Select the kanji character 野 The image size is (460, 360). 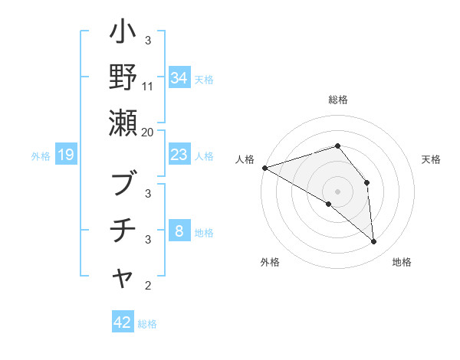123,78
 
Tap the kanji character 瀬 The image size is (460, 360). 123,122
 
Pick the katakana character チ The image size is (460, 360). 123,231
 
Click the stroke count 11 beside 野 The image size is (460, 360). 148,87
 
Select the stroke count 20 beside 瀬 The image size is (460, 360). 148,132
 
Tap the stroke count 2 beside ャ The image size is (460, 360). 148,286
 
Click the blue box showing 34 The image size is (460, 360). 179,77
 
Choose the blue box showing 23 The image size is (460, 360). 179,155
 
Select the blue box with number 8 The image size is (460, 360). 179,232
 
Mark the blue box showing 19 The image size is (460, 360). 66,155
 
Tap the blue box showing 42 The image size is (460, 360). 123,322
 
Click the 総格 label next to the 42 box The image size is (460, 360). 147,324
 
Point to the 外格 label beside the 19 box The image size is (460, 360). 41,156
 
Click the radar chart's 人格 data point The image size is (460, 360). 264,167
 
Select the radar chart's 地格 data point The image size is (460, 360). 373,242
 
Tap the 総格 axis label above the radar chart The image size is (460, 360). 337,100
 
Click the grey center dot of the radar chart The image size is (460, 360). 337,191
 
